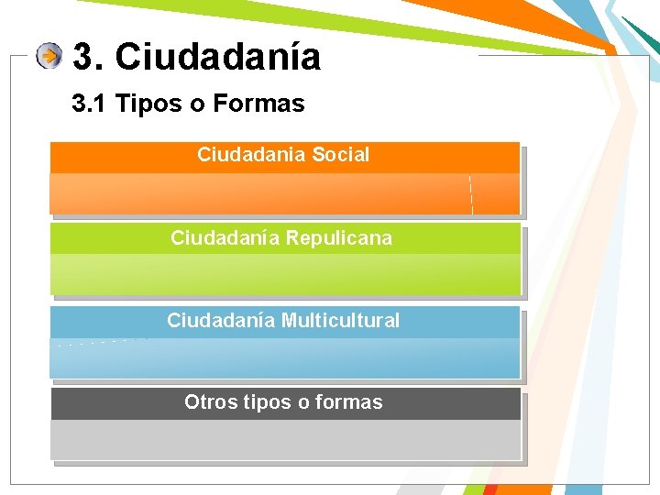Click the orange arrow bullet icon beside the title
49,57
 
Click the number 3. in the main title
88,57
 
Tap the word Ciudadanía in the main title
218,57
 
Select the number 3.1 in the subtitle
90,104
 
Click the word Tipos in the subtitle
149,104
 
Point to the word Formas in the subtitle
258,104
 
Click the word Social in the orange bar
340,155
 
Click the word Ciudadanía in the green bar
225,238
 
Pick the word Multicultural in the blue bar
340,321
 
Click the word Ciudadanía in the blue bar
222,321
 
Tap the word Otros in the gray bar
207,402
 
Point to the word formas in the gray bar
349,402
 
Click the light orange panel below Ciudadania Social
284,194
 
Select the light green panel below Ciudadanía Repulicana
284,274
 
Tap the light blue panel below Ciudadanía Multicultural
284,357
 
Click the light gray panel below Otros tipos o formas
284,440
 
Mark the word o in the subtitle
197,104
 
